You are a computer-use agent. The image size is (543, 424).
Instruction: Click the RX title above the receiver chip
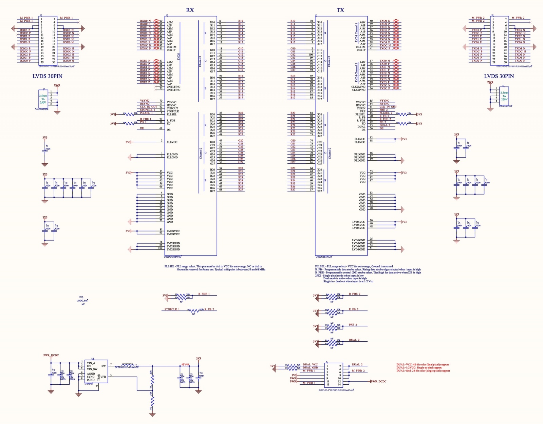pos(190,10)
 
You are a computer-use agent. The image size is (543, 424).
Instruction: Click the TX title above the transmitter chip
pos(340,10)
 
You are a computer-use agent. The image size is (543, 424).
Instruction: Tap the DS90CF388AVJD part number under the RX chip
pos(173,257)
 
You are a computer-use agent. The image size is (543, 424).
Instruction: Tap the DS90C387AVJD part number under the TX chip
pos(324,257)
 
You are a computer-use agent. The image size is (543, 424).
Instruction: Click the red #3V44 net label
pos(185,364)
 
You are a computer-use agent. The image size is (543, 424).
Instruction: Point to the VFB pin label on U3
pos(103,377)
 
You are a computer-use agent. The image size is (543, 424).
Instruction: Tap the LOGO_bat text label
pos(82,301)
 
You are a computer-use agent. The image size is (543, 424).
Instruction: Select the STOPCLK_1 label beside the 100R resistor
pos(172,309)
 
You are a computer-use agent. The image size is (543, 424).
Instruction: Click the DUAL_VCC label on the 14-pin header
pos(310,365)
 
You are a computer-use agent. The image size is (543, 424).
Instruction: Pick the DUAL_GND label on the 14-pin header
pos(310,368)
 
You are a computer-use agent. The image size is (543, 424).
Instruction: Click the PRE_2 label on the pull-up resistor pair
pos(353,325)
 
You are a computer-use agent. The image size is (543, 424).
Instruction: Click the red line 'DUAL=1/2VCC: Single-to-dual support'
pos(419,368)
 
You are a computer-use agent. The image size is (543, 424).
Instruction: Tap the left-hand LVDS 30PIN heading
pos(47,76)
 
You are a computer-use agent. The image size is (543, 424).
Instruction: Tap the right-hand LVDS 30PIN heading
pos(499,76)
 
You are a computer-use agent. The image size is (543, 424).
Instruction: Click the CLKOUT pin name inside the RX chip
pos(172,108)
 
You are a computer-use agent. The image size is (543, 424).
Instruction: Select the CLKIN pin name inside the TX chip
pos(361,108)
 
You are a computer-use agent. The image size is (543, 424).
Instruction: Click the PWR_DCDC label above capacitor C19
pos(51,356)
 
